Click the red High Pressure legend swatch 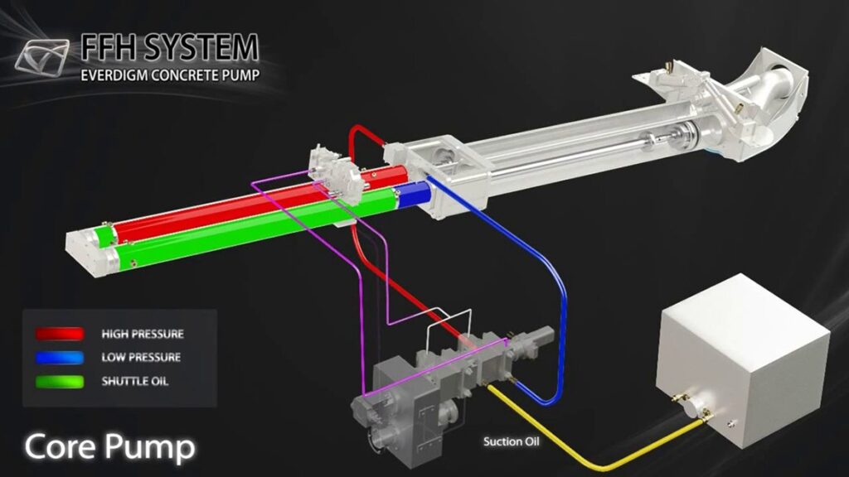[x=60, y=334]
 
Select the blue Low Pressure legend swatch [x=60, y=358]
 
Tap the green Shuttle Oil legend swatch [x=60, y=381]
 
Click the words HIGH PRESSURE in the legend [x=143, y=335]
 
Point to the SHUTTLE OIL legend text [x=135, y=381]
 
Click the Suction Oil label [x=511, y=442]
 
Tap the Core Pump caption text [x=109, y=446]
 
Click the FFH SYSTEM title [x=170, y=47]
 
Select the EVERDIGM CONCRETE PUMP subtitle [x=170, y=75]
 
